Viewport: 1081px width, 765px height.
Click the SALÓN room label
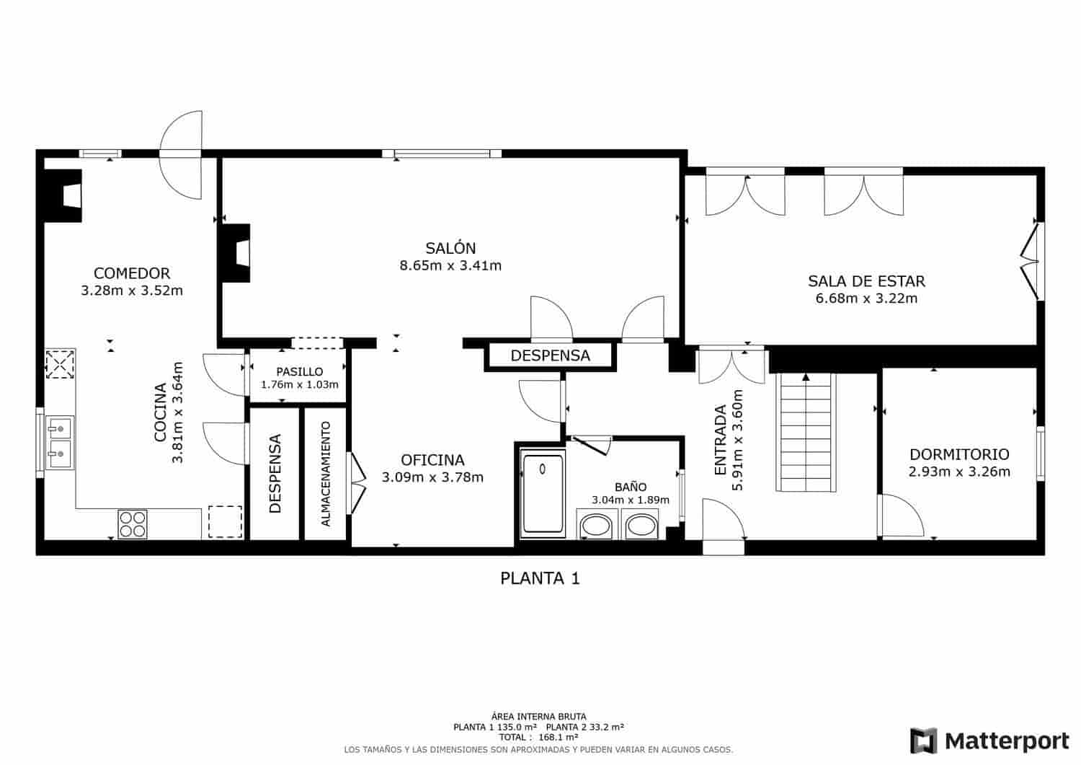[450, 248]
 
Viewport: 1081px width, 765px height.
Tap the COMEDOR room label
[132, 273]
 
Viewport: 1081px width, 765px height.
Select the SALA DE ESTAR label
[866, 281]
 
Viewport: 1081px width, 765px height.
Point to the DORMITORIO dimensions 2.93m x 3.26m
[959, 472]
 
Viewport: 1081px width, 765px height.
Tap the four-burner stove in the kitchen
[132, 523]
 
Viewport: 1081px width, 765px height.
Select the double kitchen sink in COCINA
[60, 441]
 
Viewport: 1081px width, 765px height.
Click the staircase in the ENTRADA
[806, 433]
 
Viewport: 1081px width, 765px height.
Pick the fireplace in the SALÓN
[236, 252]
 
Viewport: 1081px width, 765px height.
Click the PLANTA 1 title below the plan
[540, 578]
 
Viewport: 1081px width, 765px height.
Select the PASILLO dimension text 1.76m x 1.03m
[299, 385]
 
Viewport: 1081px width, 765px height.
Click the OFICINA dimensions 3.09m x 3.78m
[432, 477]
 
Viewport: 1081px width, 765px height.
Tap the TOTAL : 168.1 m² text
[540, 738]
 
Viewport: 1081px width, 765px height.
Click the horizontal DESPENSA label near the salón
[550, 355]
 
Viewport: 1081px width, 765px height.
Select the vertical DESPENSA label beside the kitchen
[274, 474]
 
